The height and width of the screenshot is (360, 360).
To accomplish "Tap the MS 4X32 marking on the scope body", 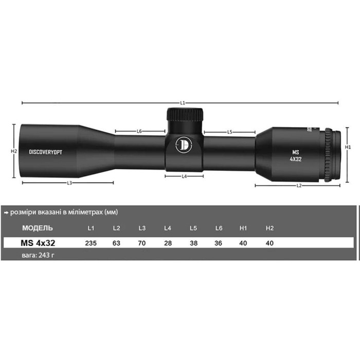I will pos(296,155).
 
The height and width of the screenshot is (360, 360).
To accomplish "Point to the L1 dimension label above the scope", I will pos(183,103).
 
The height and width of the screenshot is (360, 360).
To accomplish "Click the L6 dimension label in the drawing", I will pos(139,131).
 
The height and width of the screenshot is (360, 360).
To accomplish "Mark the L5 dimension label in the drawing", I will pos(230,132).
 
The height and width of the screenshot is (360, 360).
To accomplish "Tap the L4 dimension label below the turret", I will pos(184,176).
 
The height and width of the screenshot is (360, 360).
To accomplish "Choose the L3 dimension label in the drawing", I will pos(69,183).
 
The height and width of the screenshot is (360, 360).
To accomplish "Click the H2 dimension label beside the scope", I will pos(14,152).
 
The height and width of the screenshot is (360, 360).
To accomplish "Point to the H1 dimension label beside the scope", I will pos(348,147).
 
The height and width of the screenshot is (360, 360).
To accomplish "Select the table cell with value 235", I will pos(91,242).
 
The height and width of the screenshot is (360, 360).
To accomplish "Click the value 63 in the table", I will pos(116,242).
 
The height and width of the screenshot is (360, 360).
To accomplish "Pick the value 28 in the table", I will pos(167,242).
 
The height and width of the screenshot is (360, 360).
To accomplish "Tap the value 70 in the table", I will pos(142,242).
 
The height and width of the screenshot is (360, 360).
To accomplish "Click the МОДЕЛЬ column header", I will pos(37,227).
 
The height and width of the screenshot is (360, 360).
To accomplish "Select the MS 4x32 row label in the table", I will pos(38,242).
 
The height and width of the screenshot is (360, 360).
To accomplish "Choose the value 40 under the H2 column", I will pos(269,242).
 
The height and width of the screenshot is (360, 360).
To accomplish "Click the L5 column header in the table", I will pos(193,227).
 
